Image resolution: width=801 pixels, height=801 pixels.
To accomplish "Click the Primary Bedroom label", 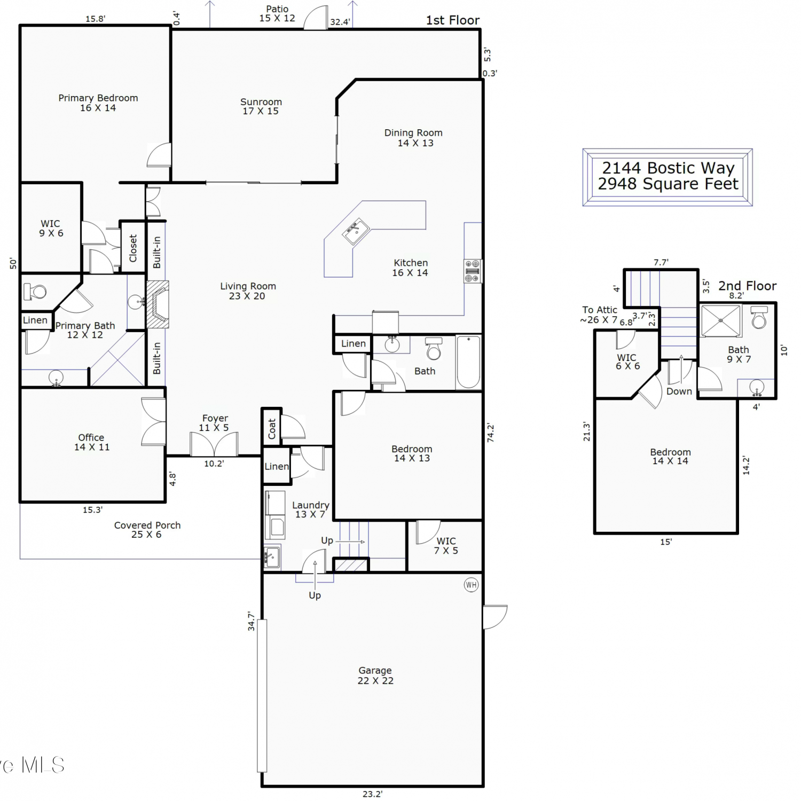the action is click(x=98, y=98).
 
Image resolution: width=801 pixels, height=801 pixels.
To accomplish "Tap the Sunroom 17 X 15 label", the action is click(x=261, y=106).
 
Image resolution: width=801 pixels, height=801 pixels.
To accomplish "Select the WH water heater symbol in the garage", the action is click(x=471, y=585).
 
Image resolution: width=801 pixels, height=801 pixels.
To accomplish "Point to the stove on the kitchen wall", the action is click(x=473, y=271).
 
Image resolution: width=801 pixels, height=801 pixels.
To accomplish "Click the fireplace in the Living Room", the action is click(x=158, y=304).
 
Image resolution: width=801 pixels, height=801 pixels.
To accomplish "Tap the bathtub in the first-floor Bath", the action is click(x=468, y=362).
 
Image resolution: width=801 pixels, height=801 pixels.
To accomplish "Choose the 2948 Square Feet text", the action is click(x=668, y=184).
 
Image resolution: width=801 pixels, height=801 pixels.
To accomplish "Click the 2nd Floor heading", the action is click(x=747, y=286).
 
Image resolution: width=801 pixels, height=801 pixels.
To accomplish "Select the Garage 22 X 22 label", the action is click(x=375, y=676).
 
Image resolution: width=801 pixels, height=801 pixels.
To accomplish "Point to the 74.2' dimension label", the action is click(x=491, y=433).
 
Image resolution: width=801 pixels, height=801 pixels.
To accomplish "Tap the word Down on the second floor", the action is click(x=679, y=391).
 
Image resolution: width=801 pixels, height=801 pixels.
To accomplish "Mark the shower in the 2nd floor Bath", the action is click(x=721, y=320).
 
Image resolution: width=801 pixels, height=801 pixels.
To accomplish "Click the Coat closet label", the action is click(x=272, y=428).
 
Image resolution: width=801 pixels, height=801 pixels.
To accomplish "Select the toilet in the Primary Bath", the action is click(x=36, y=292).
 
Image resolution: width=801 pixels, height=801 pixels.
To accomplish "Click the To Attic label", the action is click(x=600, y=310).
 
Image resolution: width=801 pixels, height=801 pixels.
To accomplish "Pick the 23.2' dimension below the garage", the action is click(x=372, y=794).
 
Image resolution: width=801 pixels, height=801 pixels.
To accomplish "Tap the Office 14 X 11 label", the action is click(x=92, y=442).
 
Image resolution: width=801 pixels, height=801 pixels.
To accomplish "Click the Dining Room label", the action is click(x=413, y=132).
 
